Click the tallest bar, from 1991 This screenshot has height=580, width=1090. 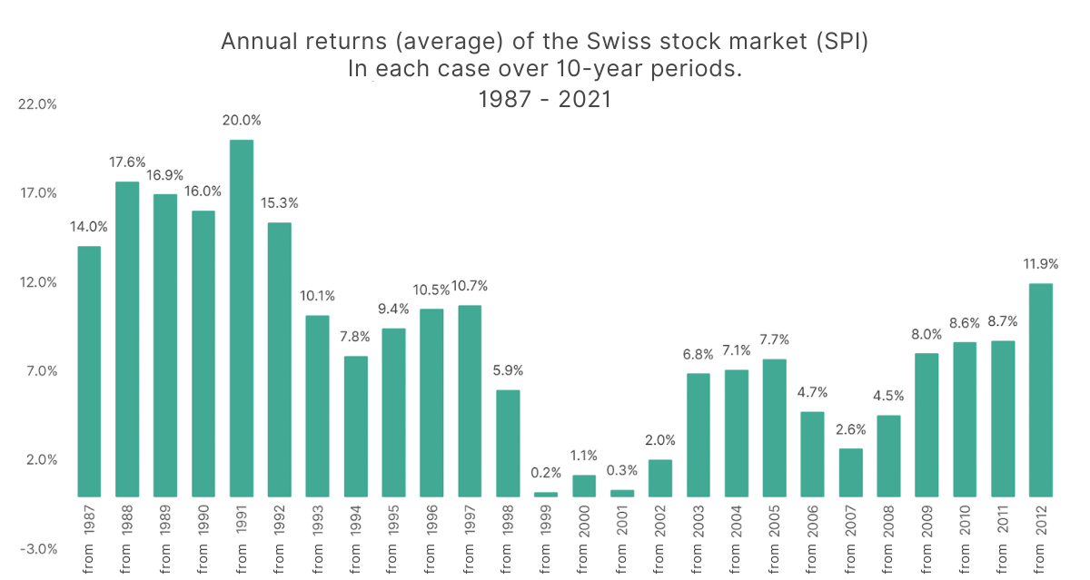pyautogui.click(x=241, y=318)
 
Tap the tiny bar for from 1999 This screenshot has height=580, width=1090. pyautogui.click(x=546, y=494)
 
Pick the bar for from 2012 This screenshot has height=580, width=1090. pyautogui.click(x=1041, y=389)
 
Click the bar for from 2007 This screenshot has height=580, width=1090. pyautogui.click(x=851, y=472)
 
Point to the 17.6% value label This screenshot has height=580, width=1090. pyautogui.click(x=126, y=162)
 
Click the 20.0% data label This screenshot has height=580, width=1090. pyautogui.click(x=242, y=120)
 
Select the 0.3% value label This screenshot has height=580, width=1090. pyautogui.click(x=622, y=470)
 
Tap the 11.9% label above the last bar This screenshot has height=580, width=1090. pyautogui.click(x=1041, y=264)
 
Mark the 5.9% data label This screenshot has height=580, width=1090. pyautogui.click(x=508, y=370)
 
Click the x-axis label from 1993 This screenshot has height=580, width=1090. pyautogui.click(x=317, y=540)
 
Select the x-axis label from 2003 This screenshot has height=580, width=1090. pyautogui.click(x=699, y=540)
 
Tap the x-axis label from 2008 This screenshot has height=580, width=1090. pyautogui.click(x=889, y=540)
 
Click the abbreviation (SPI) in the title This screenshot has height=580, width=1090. pyautogui.click(x=835, y=42)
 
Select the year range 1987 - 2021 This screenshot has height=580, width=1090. pyautogui.click(x=545, y=99)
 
